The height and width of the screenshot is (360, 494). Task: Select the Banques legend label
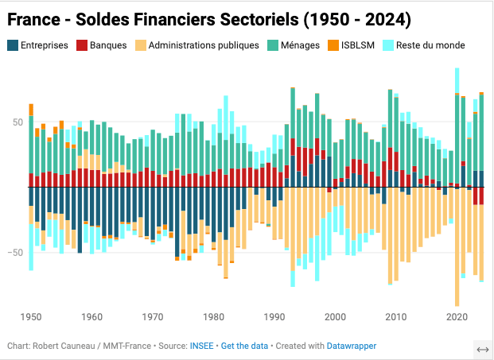pos(107,45)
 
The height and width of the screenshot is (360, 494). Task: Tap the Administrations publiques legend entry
pos(204,45)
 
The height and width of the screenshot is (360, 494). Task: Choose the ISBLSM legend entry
pos(357,45)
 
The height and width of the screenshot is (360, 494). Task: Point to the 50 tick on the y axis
pos(17,122)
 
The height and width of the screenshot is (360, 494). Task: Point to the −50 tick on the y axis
pos(15,253)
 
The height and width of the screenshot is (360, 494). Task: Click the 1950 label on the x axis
pos(31,317)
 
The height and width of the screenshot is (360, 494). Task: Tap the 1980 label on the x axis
pos(213,317)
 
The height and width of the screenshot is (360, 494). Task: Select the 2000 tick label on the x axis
pos(335,317)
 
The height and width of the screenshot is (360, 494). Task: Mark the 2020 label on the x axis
pos(457,317)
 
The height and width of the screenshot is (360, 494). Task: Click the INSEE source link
pos(200,346)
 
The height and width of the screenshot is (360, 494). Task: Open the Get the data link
pos(244,346)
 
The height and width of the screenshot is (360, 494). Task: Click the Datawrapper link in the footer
pos(351,346)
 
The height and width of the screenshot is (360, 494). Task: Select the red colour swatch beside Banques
pos(82,45)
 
